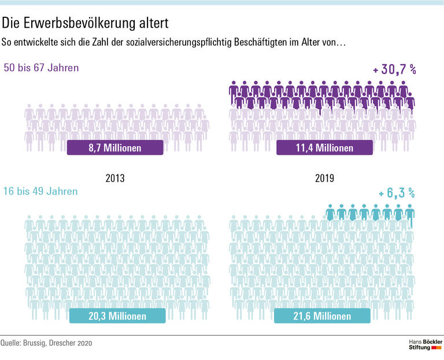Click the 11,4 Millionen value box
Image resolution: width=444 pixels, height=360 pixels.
(x=324, y=148)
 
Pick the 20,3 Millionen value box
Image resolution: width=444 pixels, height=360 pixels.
(x=117, y=316)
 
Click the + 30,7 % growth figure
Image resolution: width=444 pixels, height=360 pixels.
(x=394, y=70)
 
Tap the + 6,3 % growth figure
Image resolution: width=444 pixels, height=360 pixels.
(x=397, y=194)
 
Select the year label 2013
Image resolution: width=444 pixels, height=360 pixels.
(x=114, y=179)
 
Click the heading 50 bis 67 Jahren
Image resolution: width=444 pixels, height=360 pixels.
(x=41, y=68)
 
